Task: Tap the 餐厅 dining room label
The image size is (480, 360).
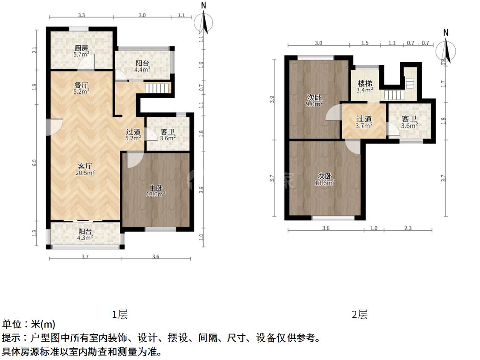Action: coord(81,85)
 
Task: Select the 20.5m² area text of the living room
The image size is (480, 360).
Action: coord(86,172)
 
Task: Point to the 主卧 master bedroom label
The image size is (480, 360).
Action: coord(156,187)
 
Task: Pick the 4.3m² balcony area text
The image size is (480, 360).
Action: coord(85,238)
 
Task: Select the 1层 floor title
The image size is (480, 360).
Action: coord(120,315)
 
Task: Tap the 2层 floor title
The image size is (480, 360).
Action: coord(359,315)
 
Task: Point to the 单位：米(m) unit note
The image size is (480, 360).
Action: coord(29,325)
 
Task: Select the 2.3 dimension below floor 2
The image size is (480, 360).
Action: coord(407,228)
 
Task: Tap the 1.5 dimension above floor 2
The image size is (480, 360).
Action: coord(365,43)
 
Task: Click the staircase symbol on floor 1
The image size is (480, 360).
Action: coord(158,88)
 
